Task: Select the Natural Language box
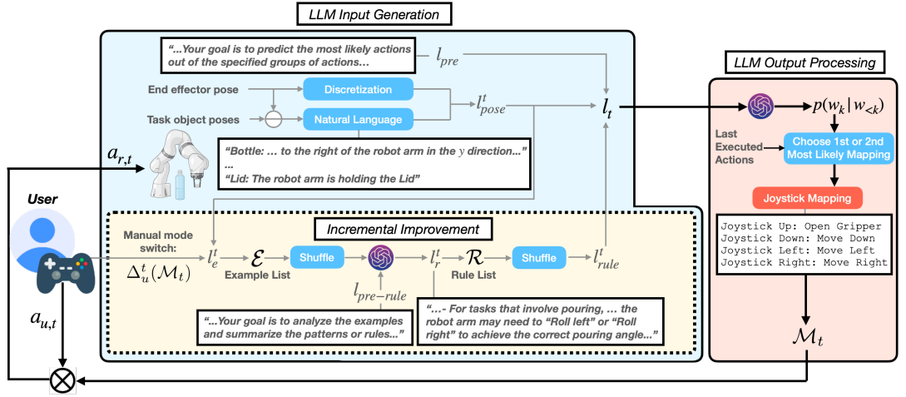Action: [358, 120]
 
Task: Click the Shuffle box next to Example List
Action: [318, 258]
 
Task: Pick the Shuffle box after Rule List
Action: [539, 258]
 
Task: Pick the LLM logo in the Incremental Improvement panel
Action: [381, 257]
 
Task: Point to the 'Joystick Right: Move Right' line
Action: [805, 262]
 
